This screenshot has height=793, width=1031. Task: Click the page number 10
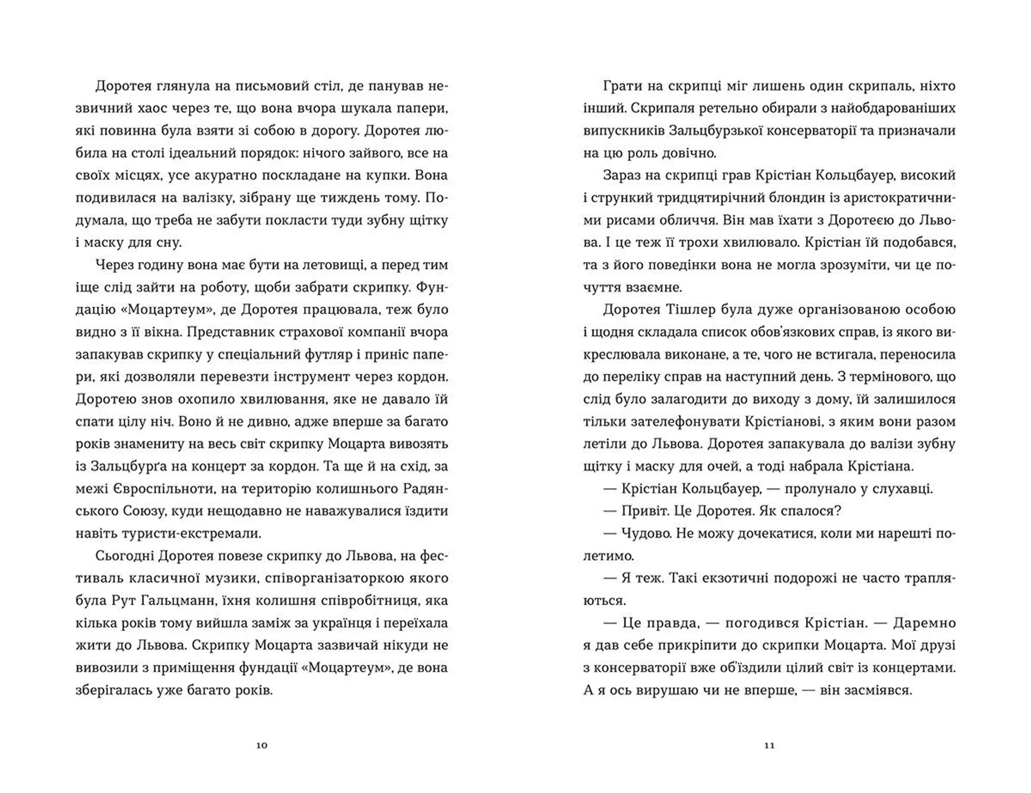262,745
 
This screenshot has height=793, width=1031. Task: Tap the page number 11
769,745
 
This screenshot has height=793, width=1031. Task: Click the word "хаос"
146,108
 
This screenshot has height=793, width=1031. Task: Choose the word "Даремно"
924,623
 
